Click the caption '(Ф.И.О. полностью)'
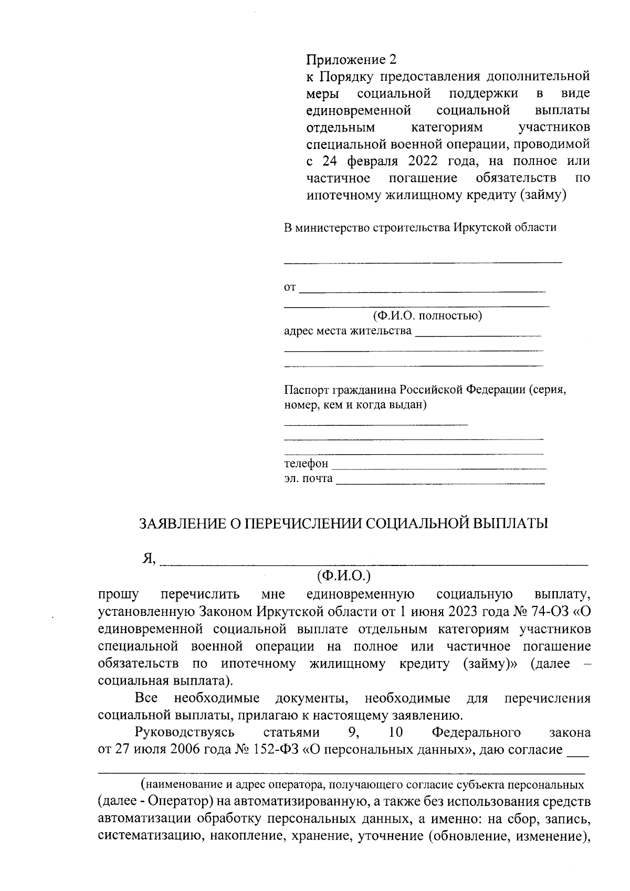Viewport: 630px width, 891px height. tap(427, 316)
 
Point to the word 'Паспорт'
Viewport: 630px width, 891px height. tap(306, 390)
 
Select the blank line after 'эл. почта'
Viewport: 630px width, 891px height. tap(440, 479)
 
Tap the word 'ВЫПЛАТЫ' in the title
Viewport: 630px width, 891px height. tap(510, 523)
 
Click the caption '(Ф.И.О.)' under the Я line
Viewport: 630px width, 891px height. tap(344, 575)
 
